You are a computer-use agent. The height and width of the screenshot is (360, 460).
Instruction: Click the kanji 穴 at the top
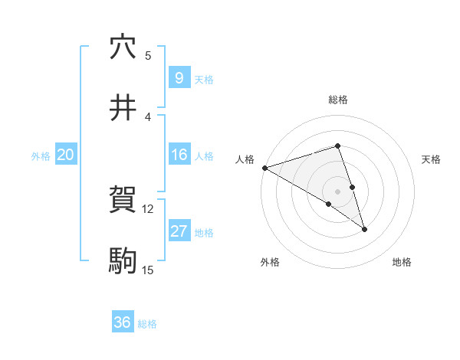(123, 47)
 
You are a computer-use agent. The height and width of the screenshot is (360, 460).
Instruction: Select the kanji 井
(123, 108)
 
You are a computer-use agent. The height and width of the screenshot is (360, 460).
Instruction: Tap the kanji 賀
(123, 201)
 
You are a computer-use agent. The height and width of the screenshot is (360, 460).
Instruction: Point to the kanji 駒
(123, 261)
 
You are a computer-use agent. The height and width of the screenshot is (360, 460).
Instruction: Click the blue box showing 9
(178, 77)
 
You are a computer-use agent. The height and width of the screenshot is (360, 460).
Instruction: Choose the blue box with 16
(178, 155)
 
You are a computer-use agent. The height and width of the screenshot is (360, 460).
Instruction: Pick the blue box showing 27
(178, 232)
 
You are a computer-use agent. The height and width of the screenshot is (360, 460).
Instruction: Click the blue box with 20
(65, 155)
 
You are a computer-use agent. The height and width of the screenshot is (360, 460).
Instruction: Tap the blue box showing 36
(122, 322)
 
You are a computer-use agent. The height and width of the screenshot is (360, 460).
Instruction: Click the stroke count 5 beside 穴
(148, 55)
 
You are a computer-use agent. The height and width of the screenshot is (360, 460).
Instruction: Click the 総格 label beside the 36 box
(147, 324)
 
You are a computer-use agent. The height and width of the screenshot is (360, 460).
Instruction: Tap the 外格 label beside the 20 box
(41, 155)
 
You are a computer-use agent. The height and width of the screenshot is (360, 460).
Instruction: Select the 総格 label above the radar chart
(338, 100)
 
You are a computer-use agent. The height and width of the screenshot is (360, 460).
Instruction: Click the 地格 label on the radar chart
(402, 263)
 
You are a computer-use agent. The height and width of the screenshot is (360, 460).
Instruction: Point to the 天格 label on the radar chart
(431, 159)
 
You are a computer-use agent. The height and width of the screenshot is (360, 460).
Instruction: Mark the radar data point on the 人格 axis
(264, 167)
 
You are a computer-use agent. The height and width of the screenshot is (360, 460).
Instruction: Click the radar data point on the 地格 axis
(364, 229)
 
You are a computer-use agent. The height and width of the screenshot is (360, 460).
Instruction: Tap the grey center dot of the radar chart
(338, 191)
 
